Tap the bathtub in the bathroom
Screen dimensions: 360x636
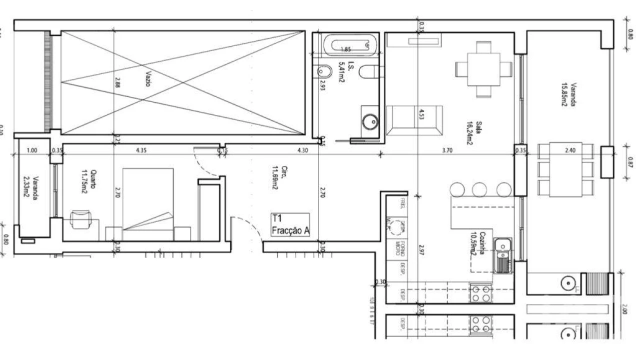(349, 45)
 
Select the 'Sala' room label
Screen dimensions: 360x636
(479, 129)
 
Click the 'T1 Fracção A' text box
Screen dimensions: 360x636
(290, 224)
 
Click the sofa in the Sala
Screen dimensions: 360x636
(414, 120)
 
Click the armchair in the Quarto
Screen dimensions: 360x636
(79, 219)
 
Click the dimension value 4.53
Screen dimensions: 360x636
(422, 115)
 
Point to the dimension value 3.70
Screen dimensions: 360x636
(447, 149)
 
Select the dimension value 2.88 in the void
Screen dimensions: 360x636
(118, 82)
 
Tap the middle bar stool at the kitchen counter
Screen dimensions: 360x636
(479, 189)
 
